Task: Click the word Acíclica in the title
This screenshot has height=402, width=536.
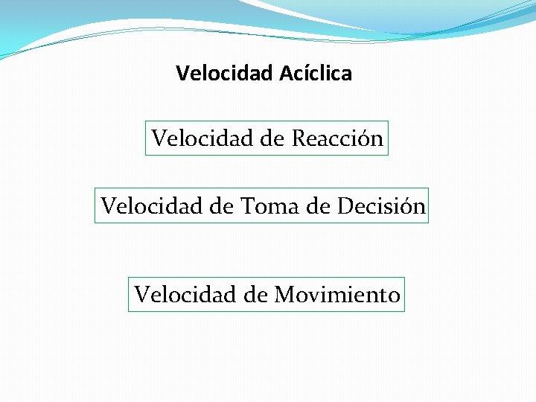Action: tap(316, 74)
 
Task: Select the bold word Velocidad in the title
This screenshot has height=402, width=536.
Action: tap(226, 74)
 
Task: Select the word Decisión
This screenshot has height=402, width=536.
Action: tap(381, 205)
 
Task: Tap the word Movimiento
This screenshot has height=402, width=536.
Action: tap(337, 295)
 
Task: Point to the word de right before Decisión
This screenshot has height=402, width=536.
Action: tap(318, 205)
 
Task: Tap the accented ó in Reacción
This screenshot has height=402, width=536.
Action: tap(366, 138)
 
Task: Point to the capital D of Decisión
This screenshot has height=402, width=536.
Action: tap(344, 205)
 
